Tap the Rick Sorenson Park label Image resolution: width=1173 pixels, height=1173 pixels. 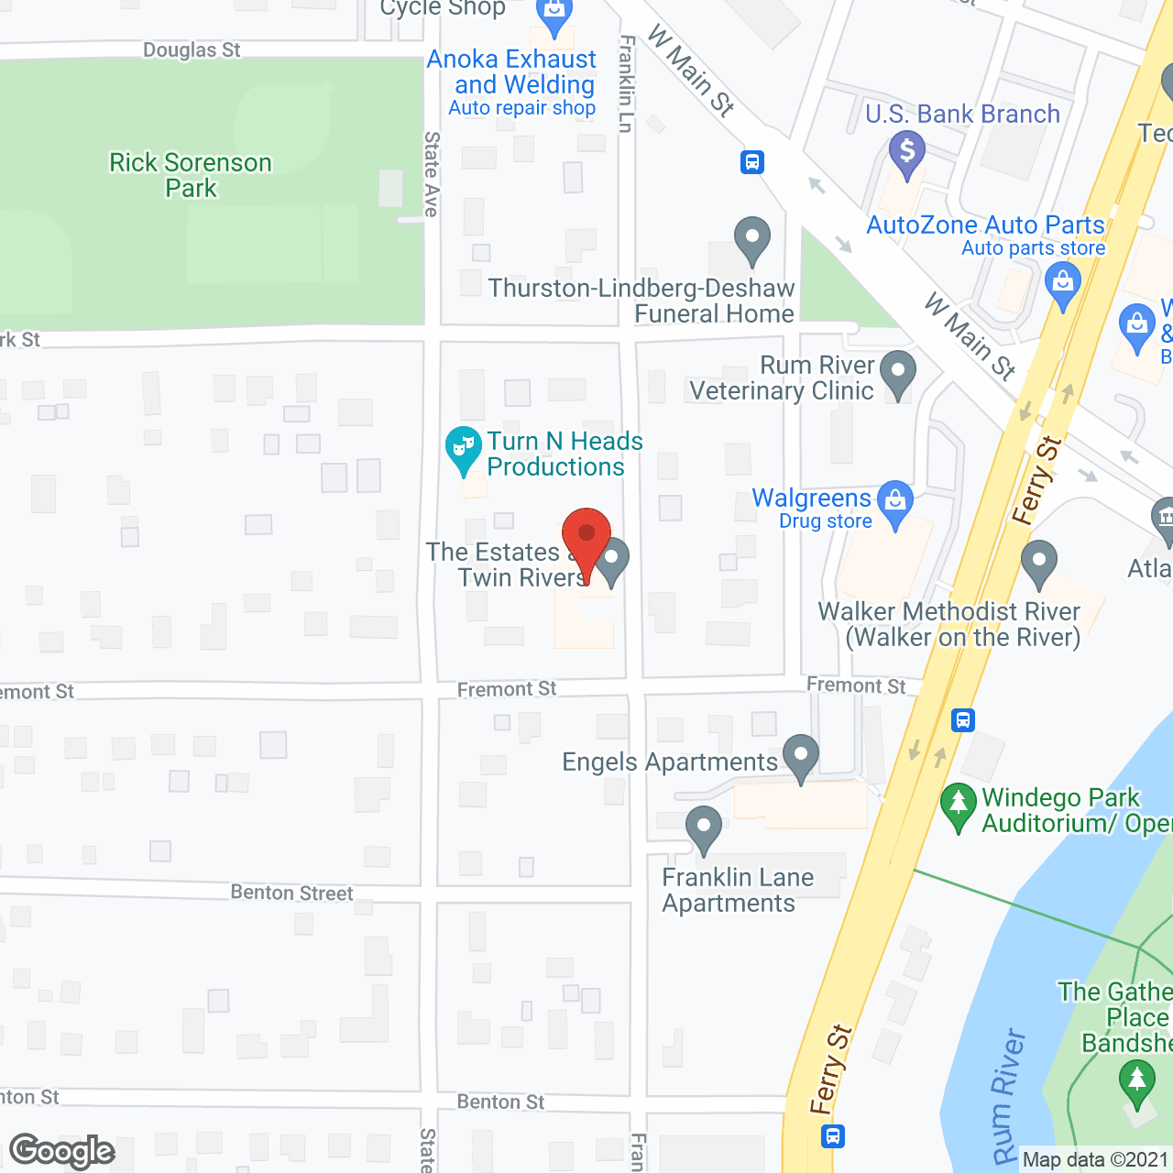coord(191,175)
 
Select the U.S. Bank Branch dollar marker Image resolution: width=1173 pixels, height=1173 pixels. coord(907,152)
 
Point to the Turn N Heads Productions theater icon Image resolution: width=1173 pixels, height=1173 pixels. coord(464,448)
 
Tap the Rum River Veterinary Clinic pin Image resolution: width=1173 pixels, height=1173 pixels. coord(898,373)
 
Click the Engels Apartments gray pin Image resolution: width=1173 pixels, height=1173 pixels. coord(801,757)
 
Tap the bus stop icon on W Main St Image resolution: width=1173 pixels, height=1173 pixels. coord(752,162)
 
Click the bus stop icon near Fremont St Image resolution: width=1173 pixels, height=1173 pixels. coord(962,719)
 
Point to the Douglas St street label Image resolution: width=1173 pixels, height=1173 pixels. coord(192,49)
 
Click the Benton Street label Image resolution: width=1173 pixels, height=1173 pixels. coord(291,893)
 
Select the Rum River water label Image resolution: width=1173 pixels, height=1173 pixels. coord(1008,1095)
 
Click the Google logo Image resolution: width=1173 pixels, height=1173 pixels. coord(62,1151)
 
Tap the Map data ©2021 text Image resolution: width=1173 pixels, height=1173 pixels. coord(1095,1160)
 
